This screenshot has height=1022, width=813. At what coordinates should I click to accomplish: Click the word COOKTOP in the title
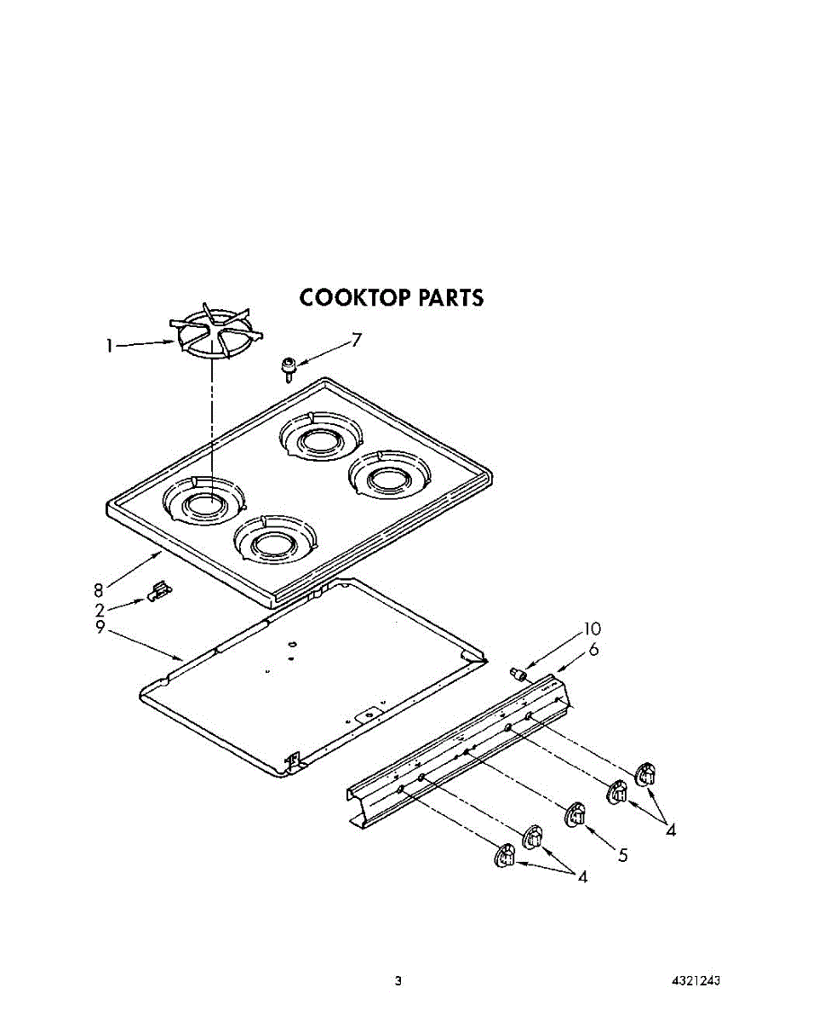click(355, 298)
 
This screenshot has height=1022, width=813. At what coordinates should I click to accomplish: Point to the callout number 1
click(110, 346)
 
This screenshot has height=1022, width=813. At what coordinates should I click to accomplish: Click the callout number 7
click(356, 340)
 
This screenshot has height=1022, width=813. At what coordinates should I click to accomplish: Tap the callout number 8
click(98, 591)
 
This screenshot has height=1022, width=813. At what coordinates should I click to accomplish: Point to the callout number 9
click(100, 628)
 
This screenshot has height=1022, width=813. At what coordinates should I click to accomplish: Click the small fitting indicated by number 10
click(518, 673)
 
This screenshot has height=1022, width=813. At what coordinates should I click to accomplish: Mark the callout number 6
click(594, 649)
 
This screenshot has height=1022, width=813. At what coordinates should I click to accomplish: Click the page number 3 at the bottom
click(398, 980)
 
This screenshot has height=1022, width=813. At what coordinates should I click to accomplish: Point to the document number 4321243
click(696, 979)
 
